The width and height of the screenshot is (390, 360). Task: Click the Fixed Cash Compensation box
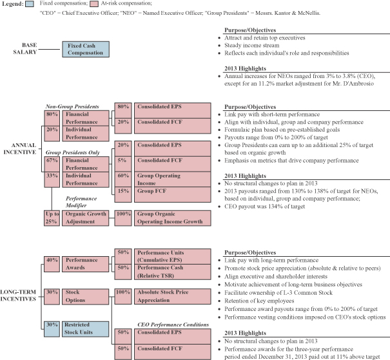pyautogui.click(x=86, y=49)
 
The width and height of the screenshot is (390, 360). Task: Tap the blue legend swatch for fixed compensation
pyautogui.click(x=30, y=4)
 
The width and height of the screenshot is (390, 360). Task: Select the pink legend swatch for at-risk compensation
pyautogui.click(x=94, y=4)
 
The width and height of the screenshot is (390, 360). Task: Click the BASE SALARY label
pyautogui.click(x=25, y=48)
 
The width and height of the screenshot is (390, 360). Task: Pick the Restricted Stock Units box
pyautogui.click(x=85, y=329)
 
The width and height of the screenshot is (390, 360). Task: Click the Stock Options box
pyautogui.click(x=85, y=296)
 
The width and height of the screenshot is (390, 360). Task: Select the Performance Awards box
pyautogui.click(x=85, y=264)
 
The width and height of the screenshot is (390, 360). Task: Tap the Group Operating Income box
pyautogui.click(x=173, y=179)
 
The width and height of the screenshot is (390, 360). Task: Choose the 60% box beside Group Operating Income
pyautogui.click(x=123, y=179)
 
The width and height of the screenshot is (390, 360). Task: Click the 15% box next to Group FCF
pyautogui.click(x=123, y=194)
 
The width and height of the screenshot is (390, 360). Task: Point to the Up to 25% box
pyautogui.click(x=52, y=218)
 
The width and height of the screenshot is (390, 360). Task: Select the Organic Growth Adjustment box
pyautogui.click(x=85, y=218)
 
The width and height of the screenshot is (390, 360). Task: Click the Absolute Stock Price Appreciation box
pyautogui.click(x=173, y=296)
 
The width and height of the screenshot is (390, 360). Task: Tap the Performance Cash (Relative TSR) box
pyautogui.click(x=173, y=272)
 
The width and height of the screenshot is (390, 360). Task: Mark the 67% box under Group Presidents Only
pyautogui.click(x=52, y=164)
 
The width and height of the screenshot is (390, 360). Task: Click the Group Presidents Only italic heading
pyautogui.click(x=73, y=152)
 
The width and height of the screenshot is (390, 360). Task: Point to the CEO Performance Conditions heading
pyautogui.click(x=173, y=325)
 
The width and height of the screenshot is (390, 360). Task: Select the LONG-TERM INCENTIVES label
pyautogui.click(x=18, y=295)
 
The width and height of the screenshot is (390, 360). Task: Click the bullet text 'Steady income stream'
pyautogui.click(x=251, y=45)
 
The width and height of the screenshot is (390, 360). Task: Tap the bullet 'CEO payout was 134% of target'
pyautogui.click(x=264, y=206)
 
